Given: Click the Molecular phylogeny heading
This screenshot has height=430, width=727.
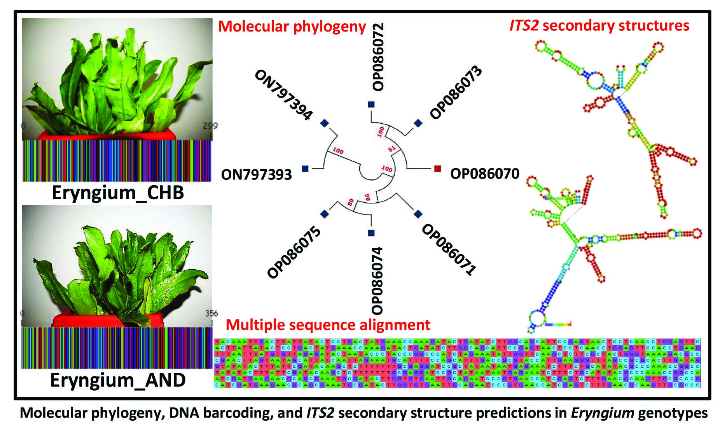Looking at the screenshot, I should (292, 27).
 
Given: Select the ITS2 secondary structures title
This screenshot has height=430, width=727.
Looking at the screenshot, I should (599, 26).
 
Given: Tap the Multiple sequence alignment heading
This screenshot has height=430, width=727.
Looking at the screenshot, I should (328, 325).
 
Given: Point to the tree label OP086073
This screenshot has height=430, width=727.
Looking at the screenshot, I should (456, 93).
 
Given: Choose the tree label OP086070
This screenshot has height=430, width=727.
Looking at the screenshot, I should (484, 174).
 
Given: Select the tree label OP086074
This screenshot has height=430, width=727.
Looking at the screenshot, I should (377, 280).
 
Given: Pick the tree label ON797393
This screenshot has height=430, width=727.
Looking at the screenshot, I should (256, 175).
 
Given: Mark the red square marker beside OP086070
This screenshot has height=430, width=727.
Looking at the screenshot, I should (437, 168).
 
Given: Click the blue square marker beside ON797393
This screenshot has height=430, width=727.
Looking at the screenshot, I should (305, 168).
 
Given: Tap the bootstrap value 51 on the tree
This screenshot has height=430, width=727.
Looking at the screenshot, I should (392, 148).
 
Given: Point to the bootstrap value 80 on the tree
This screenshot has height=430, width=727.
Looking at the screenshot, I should (351, 202).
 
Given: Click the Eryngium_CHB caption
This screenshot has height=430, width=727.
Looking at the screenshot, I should (118, 193).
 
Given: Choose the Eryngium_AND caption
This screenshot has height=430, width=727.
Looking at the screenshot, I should (118, 380).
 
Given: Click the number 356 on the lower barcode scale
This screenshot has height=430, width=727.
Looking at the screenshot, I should (211, 314).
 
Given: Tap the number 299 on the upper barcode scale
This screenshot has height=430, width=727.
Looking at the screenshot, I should (210, 126).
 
